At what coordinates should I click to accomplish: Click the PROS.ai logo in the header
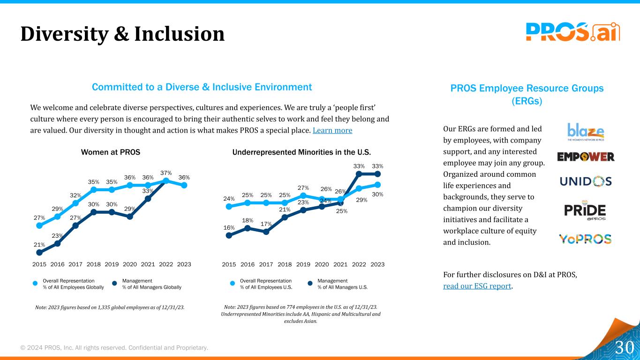572,32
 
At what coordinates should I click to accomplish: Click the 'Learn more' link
332,130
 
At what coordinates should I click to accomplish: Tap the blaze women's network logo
586,132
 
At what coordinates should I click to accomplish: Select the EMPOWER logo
586,157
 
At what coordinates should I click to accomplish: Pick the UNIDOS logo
586,181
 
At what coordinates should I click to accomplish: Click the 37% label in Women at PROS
166,172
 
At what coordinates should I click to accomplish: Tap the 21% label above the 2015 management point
39,245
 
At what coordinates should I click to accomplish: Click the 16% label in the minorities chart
229,228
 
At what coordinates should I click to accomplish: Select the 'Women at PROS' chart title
111,152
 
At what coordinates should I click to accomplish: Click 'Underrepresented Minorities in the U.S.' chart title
301,152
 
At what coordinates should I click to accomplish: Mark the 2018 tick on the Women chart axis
93,264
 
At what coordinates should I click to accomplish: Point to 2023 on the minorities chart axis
377,264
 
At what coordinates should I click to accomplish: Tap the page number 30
624,347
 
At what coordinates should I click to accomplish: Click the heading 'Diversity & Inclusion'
122,34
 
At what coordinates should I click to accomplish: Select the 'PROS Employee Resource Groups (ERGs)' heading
527,95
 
